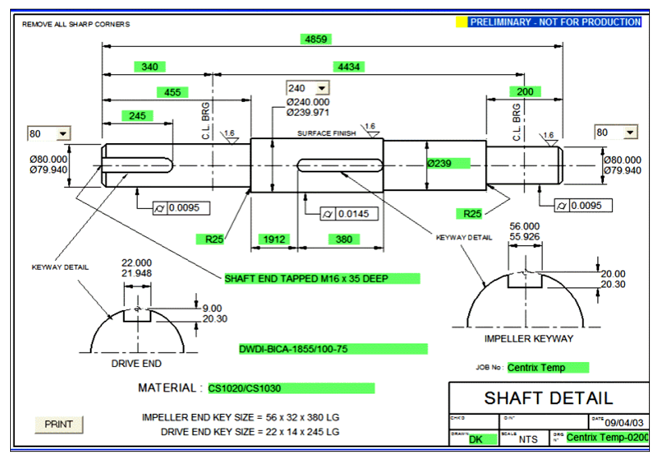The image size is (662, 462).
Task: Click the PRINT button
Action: (x=58, y=424)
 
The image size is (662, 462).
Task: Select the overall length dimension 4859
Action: (x=316, y=39)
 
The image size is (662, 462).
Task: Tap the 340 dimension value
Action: (x=150, y=67)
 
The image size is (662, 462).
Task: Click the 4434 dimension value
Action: (x=349, y=67)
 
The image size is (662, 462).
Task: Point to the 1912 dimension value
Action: (x=275, y=239)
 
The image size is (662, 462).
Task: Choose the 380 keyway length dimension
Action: (x=344, y=239)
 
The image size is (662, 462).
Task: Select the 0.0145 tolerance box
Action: (x=356, y=214)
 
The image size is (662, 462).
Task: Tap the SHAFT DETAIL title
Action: (x=548, y=398)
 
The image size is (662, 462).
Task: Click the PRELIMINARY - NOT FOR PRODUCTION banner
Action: (x=555, y=22)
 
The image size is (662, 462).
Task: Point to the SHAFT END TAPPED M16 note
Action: (x=322, y=278)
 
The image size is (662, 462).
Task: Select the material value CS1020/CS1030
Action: (x=290, y=388)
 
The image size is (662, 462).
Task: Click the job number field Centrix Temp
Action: (x=547, y=367)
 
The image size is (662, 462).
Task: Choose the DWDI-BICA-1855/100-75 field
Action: (x=332, y=349)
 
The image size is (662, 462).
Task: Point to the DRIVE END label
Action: (x=136, y=363)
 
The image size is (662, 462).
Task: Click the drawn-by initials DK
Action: (x=476, y=439)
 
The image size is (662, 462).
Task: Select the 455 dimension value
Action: (x=173, y=92)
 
